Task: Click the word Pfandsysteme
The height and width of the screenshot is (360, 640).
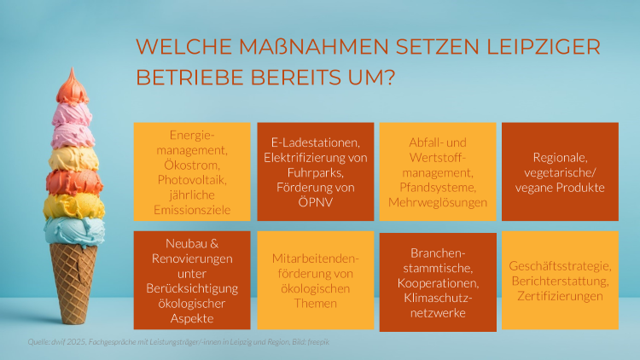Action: pos(437,187)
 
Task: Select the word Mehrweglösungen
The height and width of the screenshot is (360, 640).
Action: pos(437,202)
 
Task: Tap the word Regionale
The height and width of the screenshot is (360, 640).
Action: pos(559,157)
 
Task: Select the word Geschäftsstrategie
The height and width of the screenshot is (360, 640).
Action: pos(559,265)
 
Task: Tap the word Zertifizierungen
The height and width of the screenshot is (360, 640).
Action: pos(559,296)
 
